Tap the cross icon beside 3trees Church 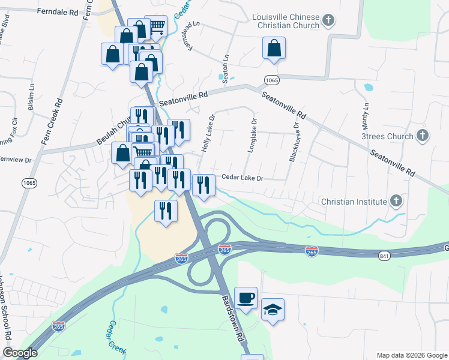pos(422,136)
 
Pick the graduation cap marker pos(273,310)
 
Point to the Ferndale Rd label pos(58,11)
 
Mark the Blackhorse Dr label pos(294,142)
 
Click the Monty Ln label pos(365,117)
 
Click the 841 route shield pos(385,257)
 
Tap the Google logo pos(20,353)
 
